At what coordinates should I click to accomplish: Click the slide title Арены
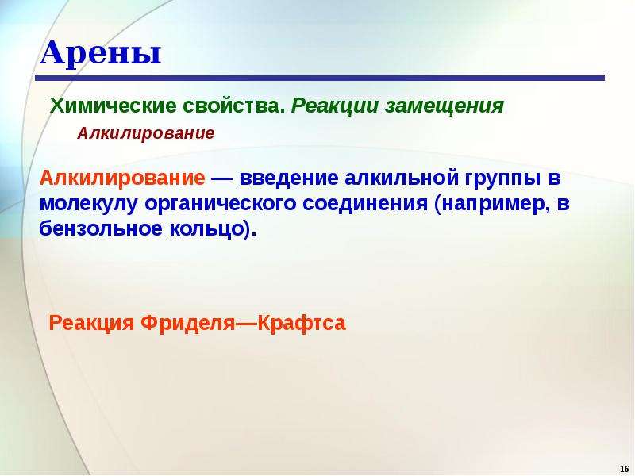pyautogui.click(x=101, y=53)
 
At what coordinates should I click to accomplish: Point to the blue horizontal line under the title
pyautogui.click(x=320, y=78)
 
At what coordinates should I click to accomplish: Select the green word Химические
pyautogui.click(x=113, y=106)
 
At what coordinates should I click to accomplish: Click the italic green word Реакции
pyautogui.click(x=335, y=106)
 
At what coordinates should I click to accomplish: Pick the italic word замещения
pyautogui.click(x=444, y=106)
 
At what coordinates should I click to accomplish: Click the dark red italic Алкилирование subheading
pyautogui.click(x=146, y=133)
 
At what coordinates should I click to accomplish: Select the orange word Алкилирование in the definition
pyautogui.click(x=122, y=178)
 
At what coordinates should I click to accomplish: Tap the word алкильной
pyautogui.click(x=401, y=178)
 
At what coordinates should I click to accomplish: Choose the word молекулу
pyautogui.click(x=89, y=204)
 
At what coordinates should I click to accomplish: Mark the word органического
pyautogui.click(x=221, y=204)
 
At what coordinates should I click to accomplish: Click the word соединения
pyautogui.click(x=365, y=204)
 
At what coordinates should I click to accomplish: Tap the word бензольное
pyautogui.click(x=101, y=229)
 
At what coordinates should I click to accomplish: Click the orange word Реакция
pyautogui.click(x=91, y=324)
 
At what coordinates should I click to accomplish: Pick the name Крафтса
pyautogui.click(x=302, y=323)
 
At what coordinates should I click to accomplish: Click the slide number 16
pyautogui.click(x=624, y=469)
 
